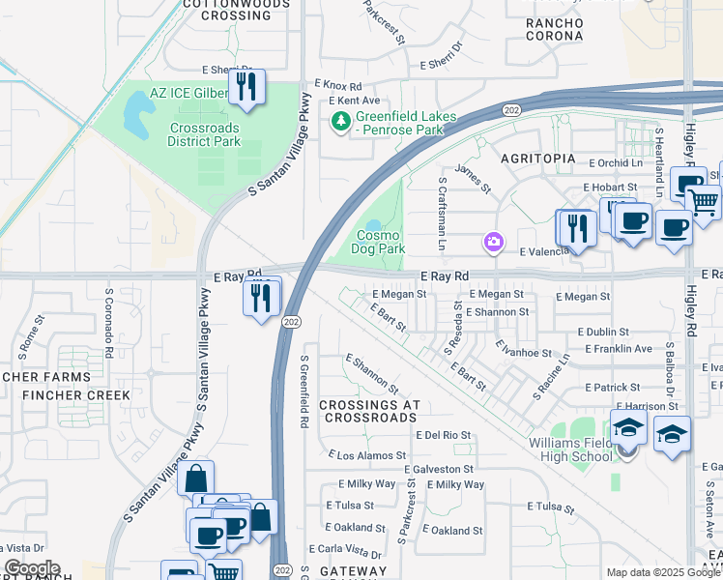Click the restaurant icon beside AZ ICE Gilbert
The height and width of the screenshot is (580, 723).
(x=246, y=88)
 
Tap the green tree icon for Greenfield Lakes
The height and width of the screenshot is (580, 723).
(x=340, y=121)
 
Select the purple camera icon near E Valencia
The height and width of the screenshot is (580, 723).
(x=494, y=241)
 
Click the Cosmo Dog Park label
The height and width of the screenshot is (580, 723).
(x=381, y=242)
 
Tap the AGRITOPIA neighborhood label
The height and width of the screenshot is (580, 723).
(x=536, y=158)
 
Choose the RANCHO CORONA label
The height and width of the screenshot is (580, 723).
(x=554, y=29)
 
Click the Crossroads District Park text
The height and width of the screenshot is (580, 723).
(x=204, y=134)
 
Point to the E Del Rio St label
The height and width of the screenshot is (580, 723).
(x=443, y=436)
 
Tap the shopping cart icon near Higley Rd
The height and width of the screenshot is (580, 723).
(x=704, y=201)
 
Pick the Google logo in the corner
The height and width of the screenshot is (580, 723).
(x=31, y=568)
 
